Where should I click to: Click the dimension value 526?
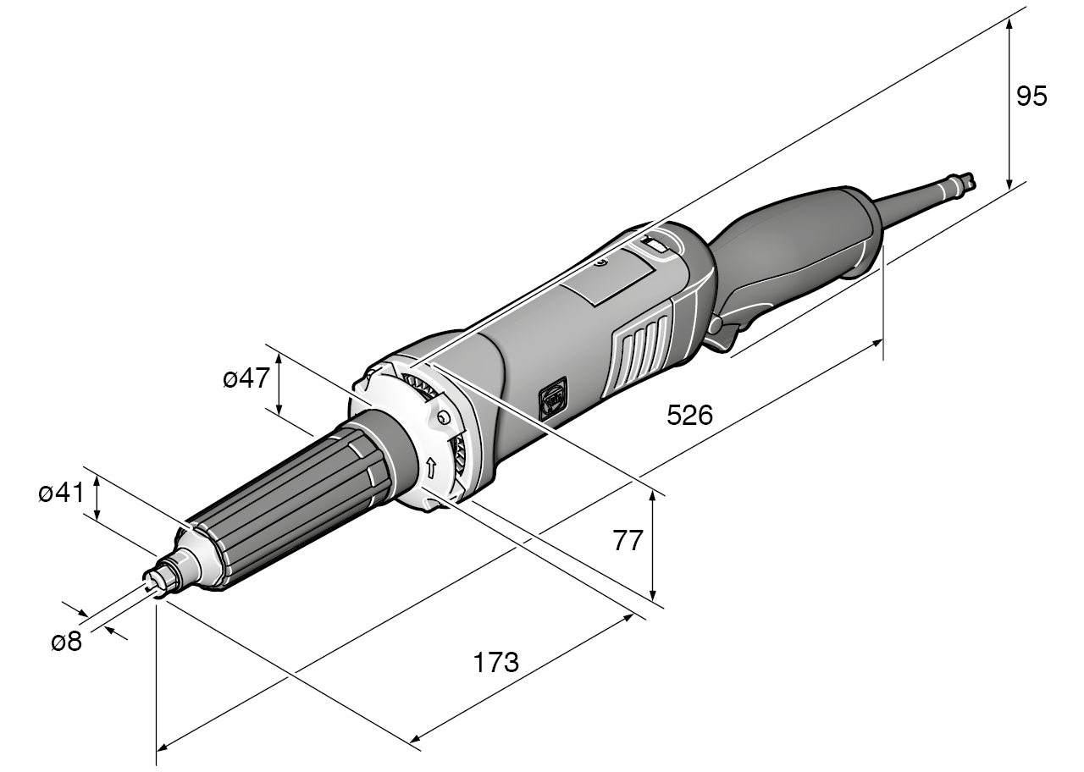click(x=689, y=416)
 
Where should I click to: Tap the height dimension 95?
click(x=1031, y=96)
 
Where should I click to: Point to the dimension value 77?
click(x=628, y=540)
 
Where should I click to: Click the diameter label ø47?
click(x=246, y=379)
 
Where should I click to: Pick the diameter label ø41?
click(x=62, y=494)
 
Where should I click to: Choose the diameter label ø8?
click(x=66, y=642)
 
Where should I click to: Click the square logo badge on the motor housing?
click(x=552, y=399)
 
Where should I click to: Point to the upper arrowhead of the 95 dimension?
click(x=1009, y=24)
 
